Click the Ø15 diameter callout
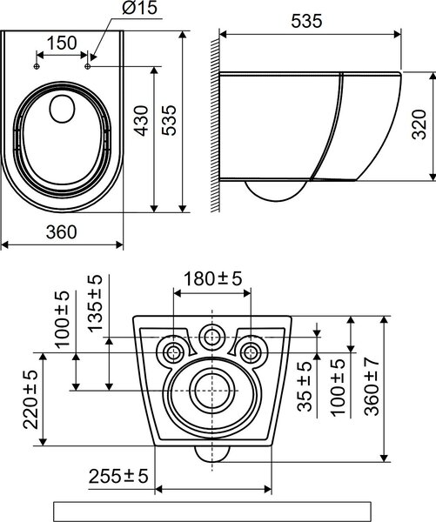[x=139, y=8]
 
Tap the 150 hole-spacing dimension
[x=62, y=43]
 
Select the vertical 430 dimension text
[x=142, y=121]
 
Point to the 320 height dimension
[x=419, y=124]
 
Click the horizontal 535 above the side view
[x=306, y=21]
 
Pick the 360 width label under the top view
[x=61, y=232]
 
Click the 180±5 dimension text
[x=213, y=278]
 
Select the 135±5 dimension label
[x=95, y=304]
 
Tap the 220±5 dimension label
[x=30, y=399]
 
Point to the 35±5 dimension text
[x=305, y=386]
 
